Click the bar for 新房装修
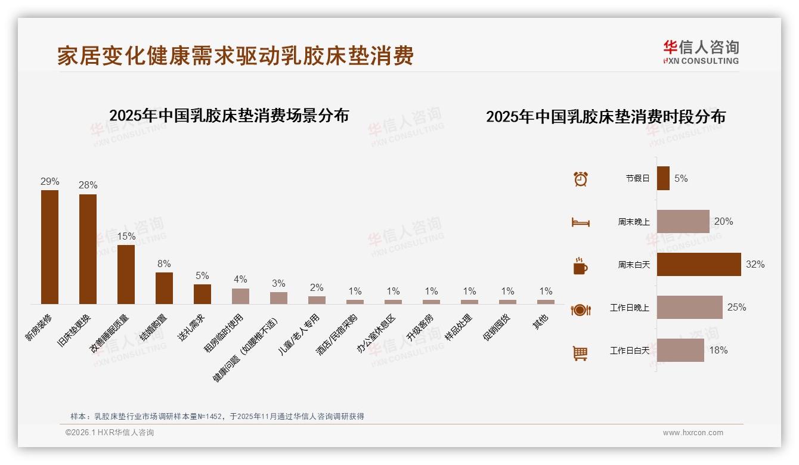pos(49,247)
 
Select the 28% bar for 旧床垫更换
pos(88,249)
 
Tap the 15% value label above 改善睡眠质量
pos(126,236)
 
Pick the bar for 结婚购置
pos(164,288)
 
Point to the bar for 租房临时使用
pos(240,296)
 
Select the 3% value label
pos(278,283)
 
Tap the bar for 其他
pos(546,302)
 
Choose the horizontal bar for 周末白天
pos(698,264)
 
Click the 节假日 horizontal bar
pos(663,178)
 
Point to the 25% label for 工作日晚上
pos(736,308)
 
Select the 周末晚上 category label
pos(633,222)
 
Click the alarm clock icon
pos(581,178)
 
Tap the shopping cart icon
pos(580,353)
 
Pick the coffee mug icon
pos(580,266)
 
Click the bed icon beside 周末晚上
pos(580,222)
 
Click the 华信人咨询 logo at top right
pos(701,52)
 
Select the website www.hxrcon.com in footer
pos(693,433)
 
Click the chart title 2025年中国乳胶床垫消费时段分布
pos(605,117)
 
